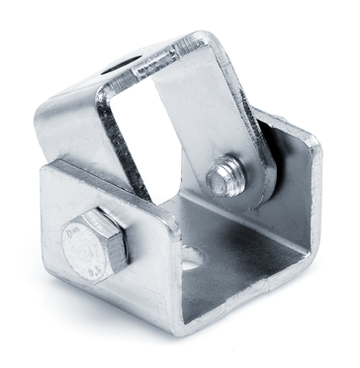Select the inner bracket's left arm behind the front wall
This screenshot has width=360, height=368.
[x=74, y=129]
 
